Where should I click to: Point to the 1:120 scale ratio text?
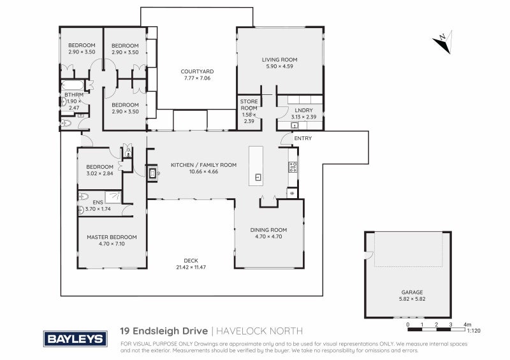(473, 331)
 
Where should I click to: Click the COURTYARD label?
(196, 71)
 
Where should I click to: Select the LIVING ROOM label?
(280, 59)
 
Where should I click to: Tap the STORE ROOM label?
(249, 104)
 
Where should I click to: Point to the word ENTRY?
(303, 138)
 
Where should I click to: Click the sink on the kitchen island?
(258, 177)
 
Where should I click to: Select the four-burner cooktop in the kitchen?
(293, 168)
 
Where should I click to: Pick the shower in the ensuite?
(114, 197)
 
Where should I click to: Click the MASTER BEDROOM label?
(112, 237)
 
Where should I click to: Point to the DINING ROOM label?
(268, 229)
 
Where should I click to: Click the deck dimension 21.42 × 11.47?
(191, 266)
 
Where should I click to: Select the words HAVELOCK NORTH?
(258, 331)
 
